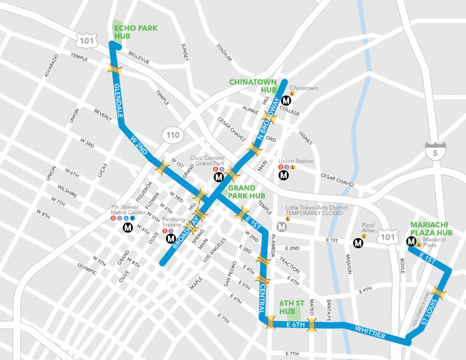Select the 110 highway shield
click(172, 135)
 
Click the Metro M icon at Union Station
click(284, 175)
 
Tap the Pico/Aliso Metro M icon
click(358, 243)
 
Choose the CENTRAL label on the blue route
click(262, 299)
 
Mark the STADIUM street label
click(224, 52)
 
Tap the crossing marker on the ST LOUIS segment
click(439, 292)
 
